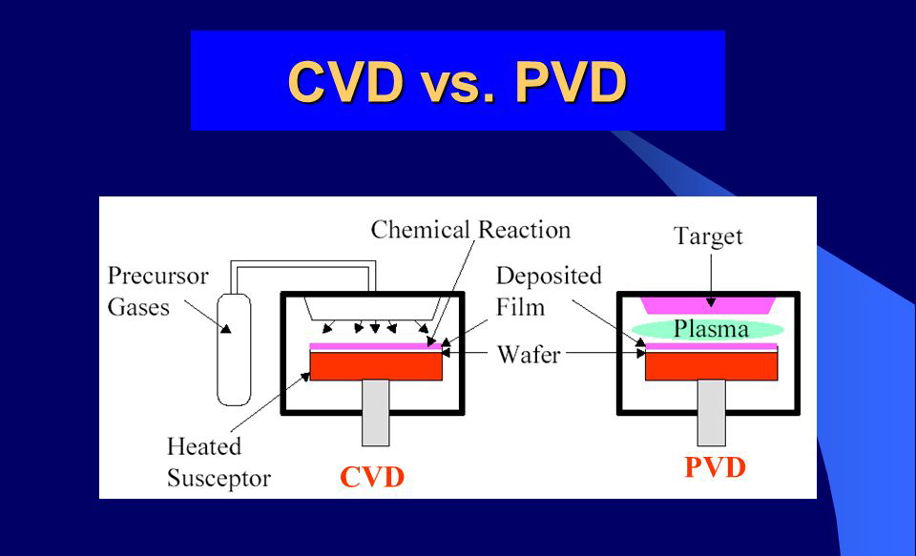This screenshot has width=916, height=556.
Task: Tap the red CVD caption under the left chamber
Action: (372, 477)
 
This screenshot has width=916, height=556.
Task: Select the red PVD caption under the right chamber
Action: (715, 467)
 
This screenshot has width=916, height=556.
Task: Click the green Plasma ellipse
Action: (710, 329)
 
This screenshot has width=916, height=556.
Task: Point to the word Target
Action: (708, 236)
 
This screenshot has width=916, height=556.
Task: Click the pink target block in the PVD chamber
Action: (709, 305)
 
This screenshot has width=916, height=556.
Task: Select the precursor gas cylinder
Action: (234, 349)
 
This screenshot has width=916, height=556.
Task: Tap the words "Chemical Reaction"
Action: (470, 230)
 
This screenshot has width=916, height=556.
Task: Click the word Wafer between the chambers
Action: (529, 354)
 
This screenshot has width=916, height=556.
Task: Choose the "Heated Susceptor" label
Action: (219, 462)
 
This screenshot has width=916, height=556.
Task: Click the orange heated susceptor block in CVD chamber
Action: (376, 365)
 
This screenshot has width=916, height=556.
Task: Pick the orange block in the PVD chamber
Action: (711, 365)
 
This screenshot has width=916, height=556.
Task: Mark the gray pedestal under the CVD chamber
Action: (376, 412)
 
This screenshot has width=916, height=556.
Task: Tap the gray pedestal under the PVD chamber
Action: (711, 412)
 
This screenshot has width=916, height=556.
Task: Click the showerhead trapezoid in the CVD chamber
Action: (372, 309)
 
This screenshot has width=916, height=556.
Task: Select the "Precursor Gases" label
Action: (157, 292)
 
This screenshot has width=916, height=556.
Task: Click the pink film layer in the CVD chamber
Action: (376, 347)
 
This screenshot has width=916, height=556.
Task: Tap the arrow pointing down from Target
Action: (710, 279)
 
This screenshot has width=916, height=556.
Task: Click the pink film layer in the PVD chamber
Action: (711, 347)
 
